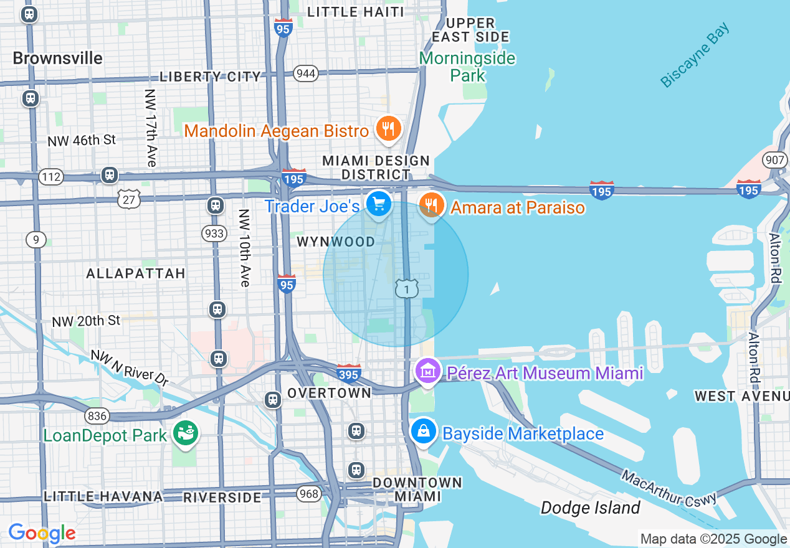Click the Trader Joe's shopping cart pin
coord(378,204)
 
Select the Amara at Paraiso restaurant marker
coord(431,205)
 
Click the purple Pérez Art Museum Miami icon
coord(428,372)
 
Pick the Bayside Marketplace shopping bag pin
coord(423,431)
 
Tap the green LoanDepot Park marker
coord(186,433)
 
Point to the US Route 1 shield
coord(406,288)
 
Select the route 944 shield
coord(306,73)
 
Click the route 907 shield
coord(774,160)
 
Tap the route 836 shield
coord(98,415)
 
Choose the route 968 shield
coord(308,494)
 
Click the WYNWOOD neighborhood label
coord(336,242)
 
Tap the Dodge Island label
coord(590,508)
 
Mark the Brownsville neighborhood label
coord(57,58)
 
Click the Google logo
coord(42,533)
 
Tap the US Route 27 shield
coord(129,199)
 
